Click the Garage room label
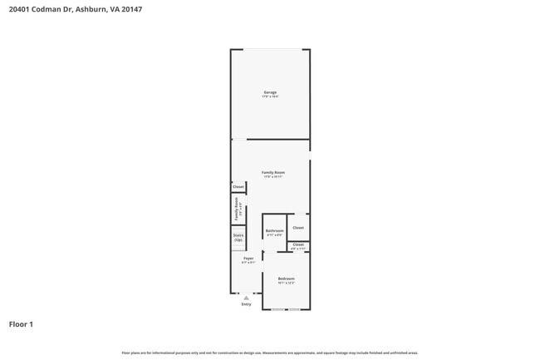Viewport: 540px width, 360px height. (x=270, y=91)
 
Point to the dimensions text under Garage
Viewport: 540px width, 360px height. (x=270, y=96)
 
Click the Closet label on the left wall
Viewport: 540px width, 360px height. (x=238, y=187)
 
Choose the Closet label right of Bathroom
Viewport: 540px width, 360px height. (x=298, y=227)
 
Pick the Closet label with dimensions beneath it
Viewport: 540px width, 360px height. (x=298, y=244)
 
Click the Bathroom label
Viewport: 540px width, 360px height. (x=274, y=230)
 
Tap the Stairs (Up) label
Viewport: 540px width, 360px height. (x=238, y=238)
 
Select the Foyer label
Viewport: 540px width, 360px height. (x=248, y=259)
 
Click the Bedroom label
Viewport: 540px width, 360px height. (x=286, y=278)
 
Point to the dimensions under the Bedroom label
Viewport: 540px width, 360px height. (x=286, y=283)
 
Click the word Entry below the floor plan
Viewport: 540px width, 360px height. (x=246, y=304)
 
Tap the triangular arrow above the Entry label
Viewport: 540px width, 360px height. (x=246, y=298)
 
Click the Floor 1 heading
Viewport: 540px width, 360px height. (x=21, y=323)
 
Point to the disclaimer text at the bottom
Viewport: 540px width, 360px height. (x=270, y=353)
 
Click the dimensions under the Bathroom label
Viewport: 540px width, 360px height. (x=274, y=235)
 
